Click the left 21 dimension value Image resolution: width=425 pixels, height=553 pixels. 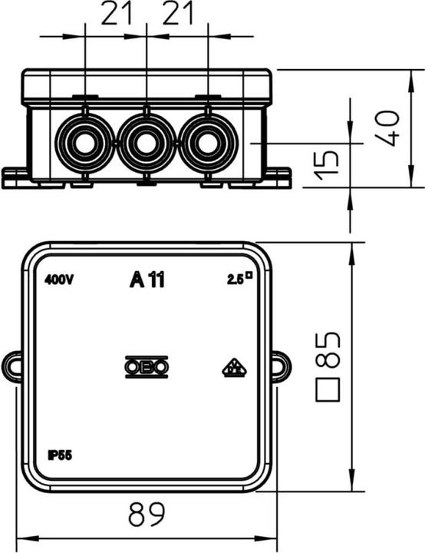click(115, 15)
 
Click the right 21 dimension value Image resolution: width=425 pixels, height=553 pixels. click(177, 15)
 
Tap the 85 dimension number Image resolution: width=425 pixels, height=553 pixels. click(328, 350)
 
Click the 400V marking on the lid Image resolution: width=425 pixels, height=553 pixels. click(59, 280)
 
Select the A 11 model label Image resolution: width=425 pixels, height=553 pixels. click(147, 280)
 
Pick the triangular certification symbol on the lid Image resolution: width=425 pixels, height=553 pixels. click(233, 369)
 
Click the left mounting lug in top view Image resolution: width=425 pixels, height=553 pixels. click(13, 366)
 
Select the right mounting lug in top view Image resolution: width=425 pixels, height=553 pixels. click(280, 366)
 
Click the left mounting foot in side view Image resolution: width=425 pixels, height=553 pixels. click(15, 177)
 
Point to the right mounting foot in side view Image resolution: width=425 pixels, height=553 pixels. click(278, 177)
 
